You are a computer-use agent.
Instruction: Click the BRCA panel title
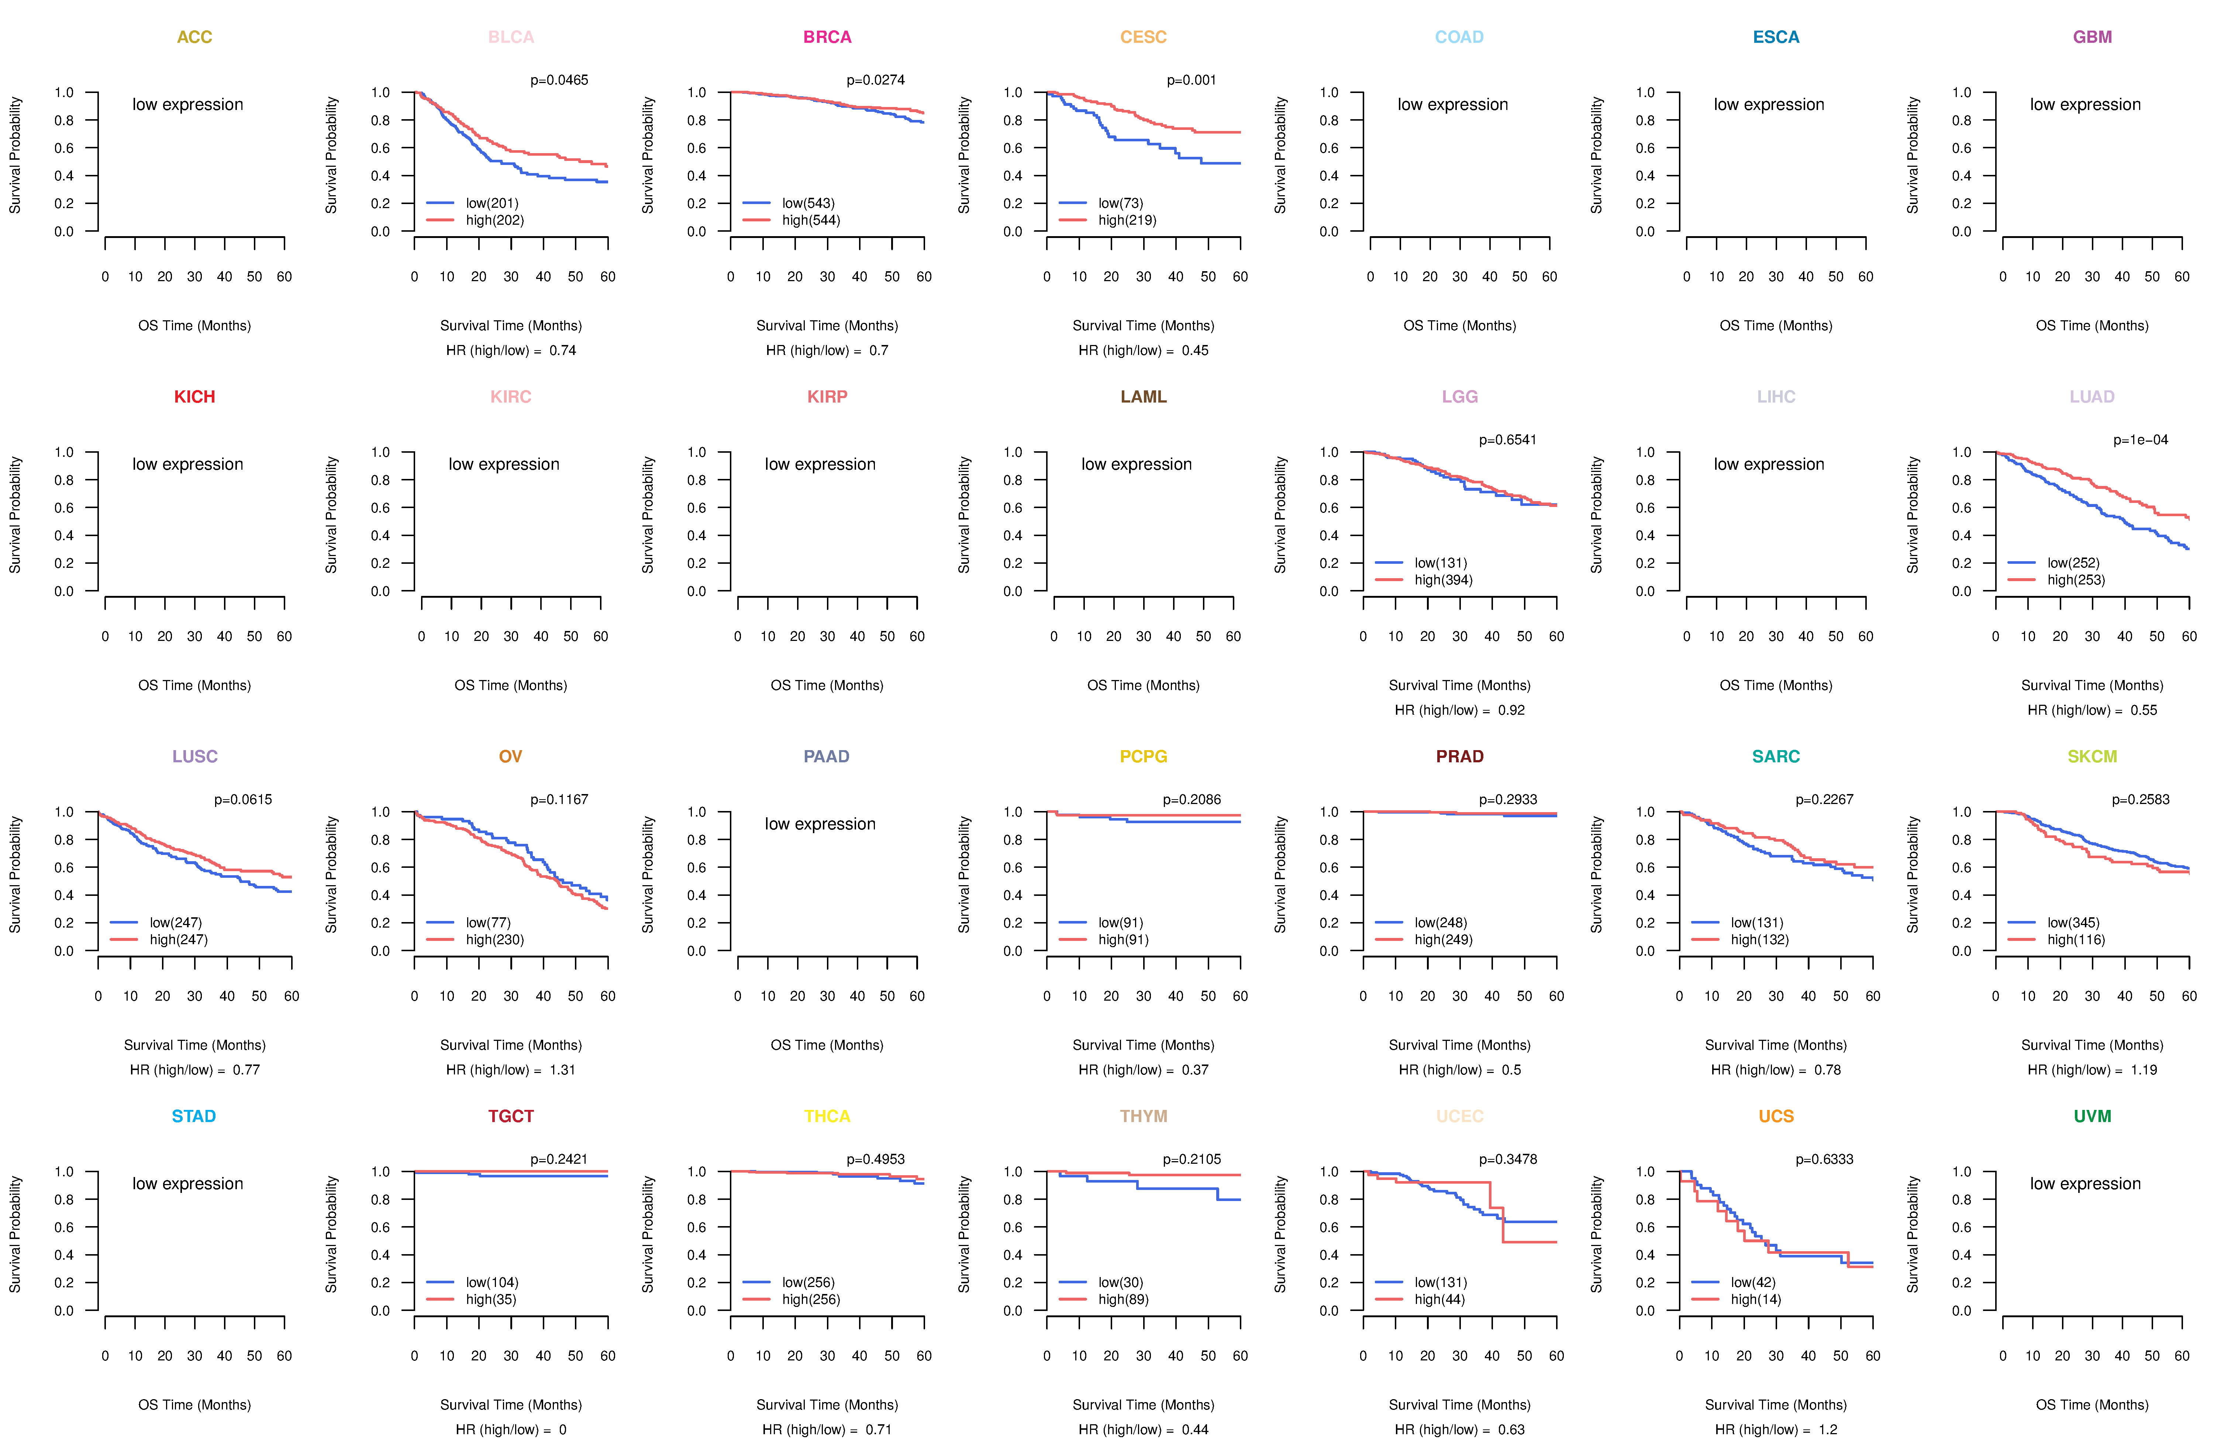coord(827,37)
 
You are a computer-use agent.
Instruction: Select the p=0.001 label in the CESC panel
coord(1191,80)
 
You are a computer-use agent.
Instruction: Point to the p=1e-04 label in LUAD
coord(2141,440)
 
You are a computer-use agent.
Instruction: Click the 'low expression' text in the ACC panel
coord(188,104)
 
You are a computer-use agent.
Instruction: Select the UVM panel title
coord(2092,1116)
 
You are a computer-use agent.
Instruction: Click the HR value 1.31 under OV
coord(562,1070)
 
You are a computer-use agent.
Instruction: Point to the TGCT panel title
coord(511,1116)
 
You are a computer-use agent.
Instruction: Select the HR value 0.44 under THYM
coord(1194,1430)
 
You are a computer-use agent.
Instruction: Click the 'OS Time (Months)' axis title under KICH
coord(194,686)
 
